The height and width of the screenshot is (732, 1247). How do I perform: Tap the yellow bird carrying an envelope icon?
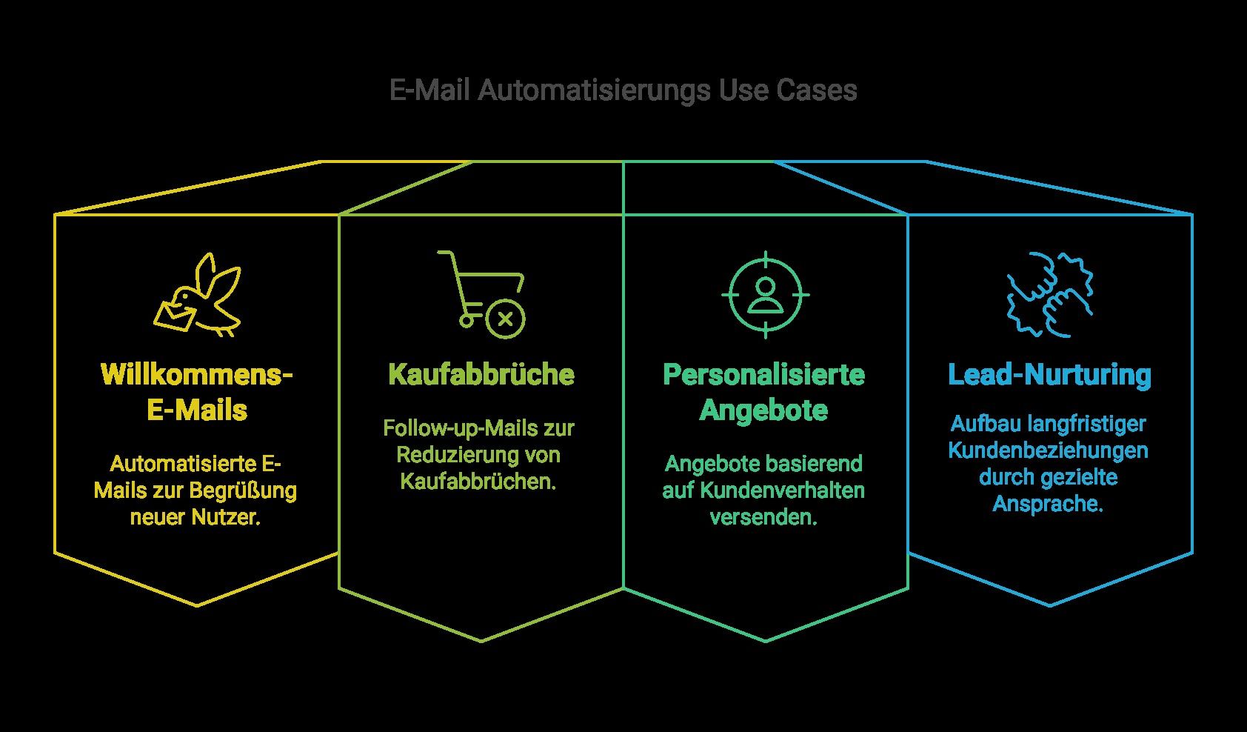[198, 295]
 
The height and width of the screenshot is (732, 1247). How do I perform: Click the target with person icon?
[765, 295]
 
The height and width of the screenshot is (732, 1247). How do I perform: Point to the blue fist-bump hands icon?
[1049, 294]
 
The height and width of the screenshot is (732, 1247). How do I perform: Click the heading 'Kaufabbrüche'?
[481, 375]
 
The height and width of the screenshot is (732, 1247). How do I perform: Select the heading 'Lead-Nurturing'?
[1049, 375]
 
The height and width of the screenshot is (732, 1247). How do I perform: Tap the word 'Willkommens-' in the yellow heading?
[197, 375]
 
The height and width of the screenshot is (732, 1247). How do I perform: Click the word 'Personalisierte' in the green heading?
[763, 375]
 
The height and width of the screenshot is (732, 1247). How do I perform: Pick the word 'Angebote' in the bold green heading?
[763, 410]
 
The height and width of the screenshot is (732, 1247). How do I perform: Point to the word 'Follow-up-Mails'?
[436, 428]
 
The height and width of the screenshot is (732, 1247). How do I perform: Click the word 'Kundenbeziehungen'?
[1049, 450]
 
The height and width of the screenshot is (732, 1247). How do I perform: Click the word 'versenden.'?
[763, 517]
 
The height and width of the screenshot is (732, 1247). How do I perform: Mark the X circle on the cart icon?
[505, 319]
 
